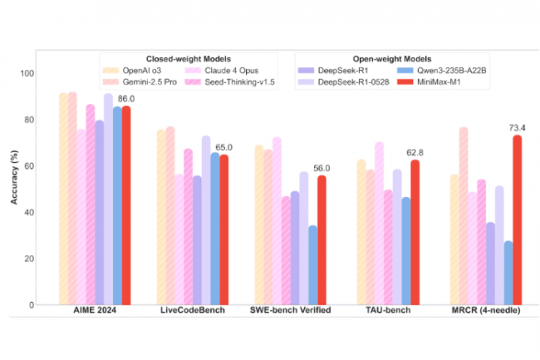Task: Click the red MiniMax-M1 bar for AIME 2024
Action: click(x=126, y=205)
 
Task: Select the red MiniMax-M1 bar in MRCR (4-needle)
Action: click(x=518, y=219)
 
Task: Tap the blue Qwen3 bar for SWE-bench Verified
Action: click(x=312, y=265)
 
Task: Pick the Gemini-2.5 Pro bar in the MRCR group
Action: click(x=464, y=216)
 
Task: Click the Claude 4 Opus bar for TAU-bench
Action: click(x=379, y=224)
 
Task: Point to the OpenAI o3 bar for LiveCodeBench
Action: click(x=161, y=217)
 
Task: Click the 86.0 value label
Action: click(x=126, y=99)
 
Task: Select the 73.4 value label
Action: click(x=518, y=128)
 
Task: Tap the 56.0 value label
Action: click(x=322, y=169)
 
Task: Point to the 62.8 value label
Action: click(x=415, y=153)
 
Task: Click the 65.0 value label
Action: click(x=223, y=147)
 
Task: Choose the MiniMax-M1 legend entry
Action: click(x=430, y=82)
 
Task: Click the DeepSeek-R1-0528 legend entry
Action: click(x=343, y=82)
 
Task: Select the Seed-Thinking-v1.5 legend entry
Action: click(x=229, y=82)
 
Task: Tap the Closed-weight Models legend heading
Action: click(x=189, y=59)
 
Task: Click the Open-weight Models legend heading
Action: click(x=392, y=59)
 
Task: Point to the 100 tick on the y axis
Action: click(x=27, y=73)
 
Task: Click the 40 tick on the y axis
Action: click(x=29, y=213)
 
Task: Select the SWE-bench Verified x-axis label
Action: click(x=290, y=310)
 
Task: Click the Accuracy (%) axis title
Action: click(x=14, y=177)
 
